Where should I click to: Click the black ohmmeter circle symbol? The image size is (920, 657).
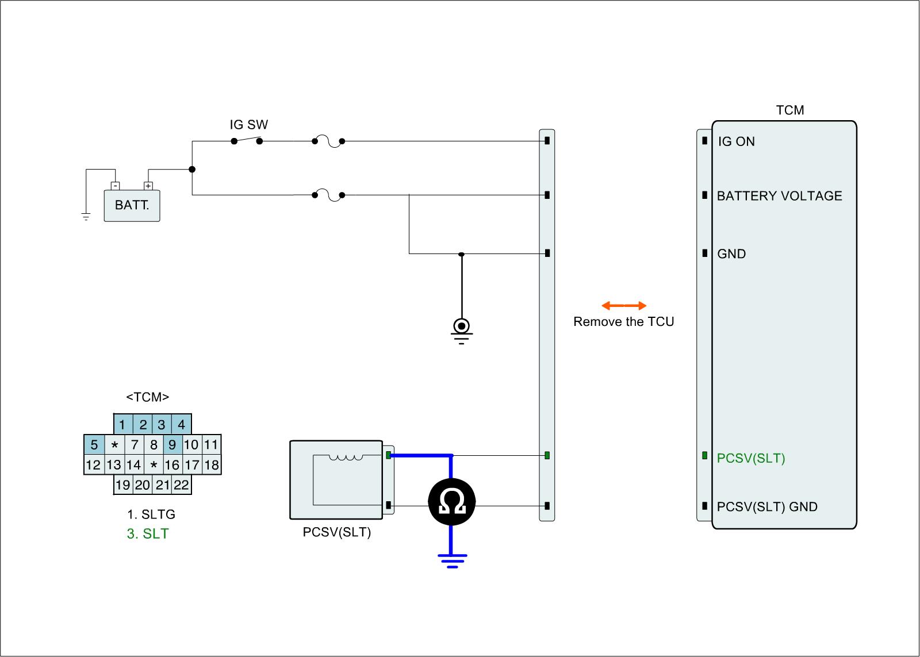[451, 503]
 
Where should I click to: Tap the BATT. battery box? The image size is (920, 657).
[132, 206]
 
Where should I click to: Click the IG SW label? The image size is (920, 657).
[249, 125]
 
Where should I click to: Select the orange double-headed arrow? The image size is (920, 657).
[624, 306]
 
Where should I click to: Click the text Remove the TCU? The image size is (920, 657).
[623, 322]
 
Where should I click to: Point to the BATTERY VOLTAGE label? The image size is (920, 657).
[779, 196]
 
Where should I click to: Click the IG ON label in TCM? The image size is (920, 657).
[736, 141]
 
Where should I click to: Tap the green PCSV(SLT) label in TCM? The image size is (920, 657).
[750, 458]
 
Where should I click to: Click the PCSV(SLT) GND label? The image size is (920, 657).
[766, 507]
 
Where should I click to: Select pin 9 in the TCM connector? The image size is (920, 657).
[172, 444]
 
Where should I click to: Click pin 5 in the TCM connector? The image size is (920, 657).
[94, 444]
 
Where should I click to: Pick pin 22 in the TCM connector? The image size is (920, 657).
[181, 485]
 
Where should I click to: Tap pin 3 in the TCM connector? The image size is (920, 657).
[162, 425]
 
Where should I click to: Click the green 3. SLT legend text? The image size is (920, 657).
[148, 534]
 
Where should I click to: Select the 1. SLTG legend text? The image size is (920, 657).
[151, 514]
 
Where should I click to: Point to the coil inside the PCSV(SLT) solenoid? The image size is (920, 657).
[346, 458]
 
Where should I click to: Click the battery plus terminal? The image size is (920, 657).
[148, 186]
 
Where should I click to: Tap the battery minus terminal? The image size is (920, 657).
[115, 186]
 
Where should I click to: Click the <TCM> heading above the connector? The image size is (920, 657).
[148, 397]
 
